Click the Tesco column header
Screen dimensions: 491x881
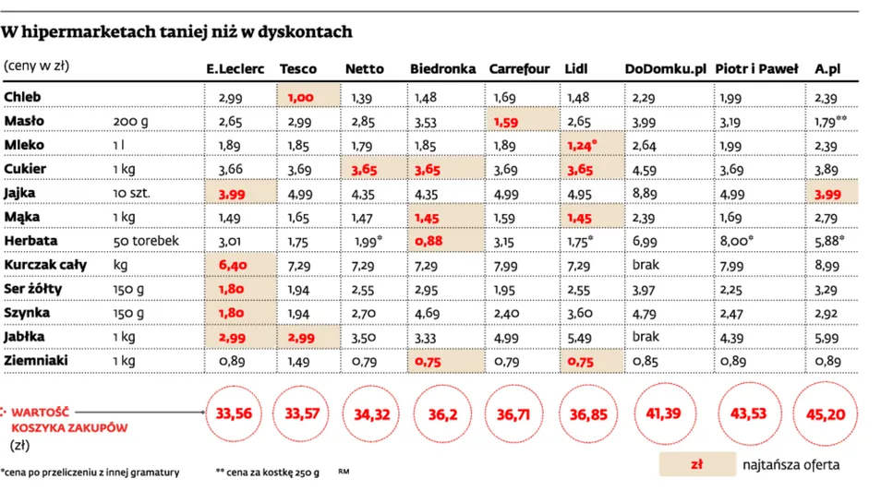click(x=297, y=69)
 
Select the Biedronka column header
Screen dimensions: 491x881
click(x=442, y=69)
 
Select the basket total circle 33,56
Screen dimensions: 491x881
click(x=235, y=414)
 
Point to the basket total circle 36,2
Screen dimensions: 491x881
click(x=444, y=414)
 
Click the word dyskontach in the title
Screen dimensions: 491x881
click(x=304, y=32)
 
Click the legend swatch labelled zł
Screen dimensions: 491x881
click(x=695, y=461)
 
